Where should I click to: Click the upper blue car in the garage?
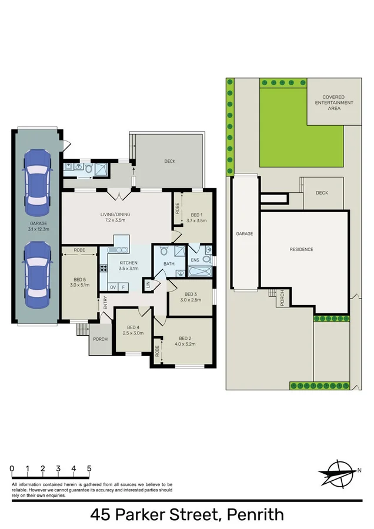[x=37, y=178]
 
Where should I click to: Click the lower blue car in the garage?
[x=37, y=270]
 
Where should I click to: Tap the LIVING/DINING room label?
[x=115, y=217]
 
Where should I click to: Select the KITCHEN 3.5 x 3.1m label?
[x=128, y=265]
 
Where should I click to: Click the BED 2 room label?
[x=185, y=341]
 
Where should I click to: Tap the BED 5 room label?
[x=79, y=283]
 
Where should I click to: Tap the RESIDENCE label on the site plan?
[x=301, y=249]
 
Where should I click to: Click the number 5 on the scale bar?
[x=89, y=468]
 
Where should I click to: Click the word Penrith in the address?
[x=256, y=515]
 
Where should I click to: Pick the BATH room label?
[x=169, y=264]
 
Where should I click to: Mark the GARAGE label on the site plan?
[x=245, y=233]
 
